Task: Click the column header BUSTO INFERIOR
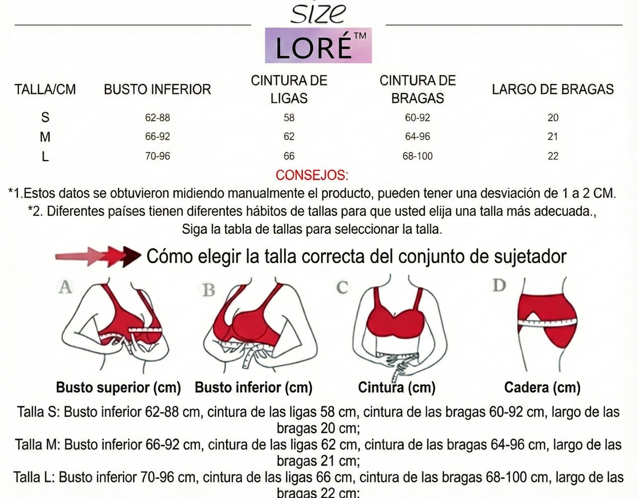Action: [x=158, y=89]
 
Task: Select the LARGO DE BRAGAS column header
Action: [x=553, y=89]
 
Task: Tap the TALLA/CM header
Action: [x=45, y=89]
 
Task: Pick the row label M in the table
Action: [x=45, y=137]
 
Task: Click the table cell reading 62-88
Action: [x=157, y=118]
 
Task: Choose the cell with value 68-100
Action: [x=418, y=156]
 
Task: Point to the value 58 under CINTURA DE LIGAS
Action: [x=289, y=118]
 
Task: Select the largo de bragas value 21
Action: [x=553, y=137]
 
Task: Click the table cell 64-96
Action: [x=417, y=137]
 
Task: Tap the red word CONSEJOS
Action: [x=312, y=175]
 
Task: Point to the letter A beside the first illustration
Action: [x=65, y=288]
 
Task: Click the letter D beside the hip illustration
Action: [x=499, y=285]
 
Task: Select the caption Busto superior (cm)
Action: [x=118, y=387]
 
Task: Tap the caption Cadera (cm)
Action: [x=542, y=387]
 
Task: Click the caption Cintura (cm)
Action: [x=397, y=387]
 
